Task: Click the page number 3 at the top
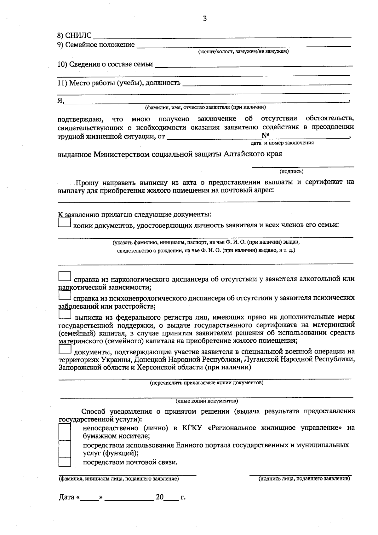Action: coord(205,19)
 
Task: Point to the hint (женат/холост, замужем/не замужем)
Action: coord(243,51)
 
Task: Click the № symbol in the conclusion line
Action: coord(265,136)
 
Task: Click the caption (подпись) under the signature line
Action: coord(291,172)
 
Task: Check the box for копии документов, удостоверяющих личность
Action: coord(65,223)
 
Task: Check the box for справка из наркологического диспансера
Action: coord(65,276)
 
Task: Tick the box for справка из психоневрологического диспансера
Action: coord(65,295)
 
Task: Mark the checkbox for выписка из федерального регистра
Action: coord(65,315)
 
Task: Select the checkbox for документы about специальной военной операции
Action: coord(65,349)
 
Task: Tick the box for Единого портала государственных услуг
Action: coord(65,449)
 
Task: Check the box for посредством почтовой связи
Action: coord(65,462)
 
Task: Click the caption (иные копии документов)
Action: coord(207,401)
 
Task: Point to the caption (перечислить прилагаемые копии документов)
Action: coord(207,383)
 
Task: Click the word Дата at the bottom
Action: coord(66,497)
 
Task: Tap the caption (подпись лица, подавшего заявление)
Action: coord(304,479)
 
